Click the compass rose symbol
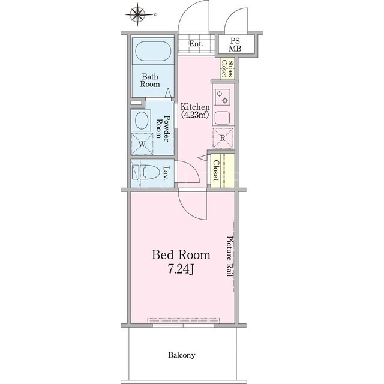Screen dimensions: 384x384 (137, 14)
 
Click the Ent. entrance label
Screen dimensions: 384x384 (196, 44)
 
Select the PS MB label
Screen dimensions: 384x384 (235, 45)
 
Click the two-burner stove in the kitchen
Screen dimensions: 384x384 (222, 97)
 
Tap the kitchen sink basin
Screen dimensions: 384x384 (222, 118)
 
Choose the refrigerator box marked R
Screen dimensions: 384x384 (223, 138)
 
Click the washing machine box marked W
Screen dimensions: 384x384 (142, 144)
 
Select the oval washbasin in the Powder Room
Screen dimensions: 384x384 (142, 120)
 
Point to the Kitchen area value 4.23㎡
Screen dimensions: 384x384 (195, 115)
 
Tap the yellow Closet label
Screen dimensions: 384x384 (215, 170)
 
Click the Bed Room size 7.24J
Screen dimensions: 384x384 (181, 269)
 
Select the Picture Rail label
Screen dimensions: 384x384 (229, 256)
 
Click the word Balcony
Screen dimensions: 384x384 (181, 355)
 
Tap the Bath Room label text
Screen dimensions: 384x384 (150, 80)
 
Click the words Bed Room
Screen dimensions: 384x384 (181, 254)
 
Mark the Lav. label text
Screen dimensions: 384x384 (167, 173)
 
